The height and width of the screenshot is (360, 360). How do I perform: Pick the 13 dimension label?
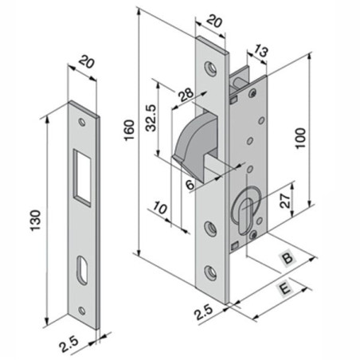(x=260, y=55)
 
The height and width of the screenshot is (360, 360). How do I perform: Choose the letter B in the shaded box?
(x=286, y=260)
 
